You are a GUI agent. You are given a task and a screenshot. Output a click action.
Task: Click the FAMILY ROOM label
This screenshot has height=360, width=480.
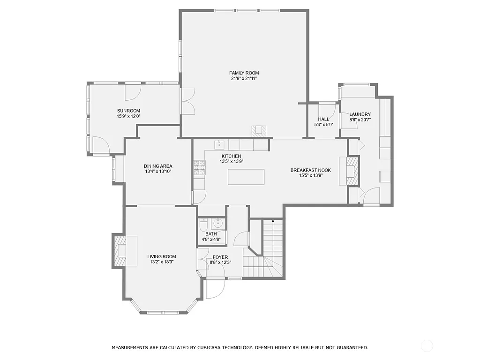[x=244, y=73]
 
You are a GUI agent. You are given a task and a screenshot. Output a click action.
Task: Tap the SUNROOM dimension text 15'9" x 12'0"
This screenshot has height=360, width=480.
[x=128, y=116]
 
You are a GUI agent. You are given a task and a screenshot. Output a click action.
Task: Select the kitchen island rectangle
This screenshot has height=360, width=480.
[x=246, y=177]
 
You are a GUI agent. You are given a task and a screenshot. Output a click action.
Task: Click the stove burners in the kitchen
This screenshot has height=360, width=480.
[x=199, y=167]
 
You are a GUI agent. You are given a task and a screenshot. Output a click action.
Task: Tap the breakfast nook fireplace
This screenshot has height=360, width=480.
[x=352, y=171]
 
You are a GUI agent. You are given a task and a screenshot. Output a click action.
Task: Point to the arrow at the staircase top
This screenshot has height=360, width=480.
[x=273, y=220]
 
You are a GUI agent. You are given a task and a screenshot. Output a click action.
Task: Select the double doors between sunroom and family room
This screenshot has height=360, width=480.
[x=188, y=101]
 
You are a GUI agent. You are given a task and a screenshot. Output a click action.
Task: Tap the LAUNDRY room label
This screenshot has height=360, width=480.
[x=360, y=114]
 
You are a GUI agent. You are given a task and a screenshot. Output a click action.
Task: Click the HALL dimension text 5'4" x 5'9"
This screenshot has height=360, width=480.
[x=323, y=125]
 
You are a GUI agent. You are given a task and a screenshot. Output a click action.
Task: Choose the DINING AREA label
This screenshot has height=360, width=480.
[x=158, y=166]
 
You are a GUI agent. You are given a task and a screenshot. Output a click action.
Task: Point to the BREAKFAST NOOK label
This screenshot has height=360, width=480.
[x=310, y=170]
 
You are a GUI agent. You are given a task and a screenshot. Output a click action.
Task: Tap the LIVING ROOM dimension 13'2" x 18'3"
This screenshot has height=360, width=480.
[x=161, y=262]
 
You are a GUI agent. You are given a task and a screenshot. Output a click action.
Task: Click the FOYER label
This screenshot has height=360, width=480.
[x=220, y=257]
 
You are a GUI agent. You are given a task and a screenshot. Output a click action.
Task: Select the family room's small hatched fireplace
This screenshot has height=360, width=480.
[x=258, y=131]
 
